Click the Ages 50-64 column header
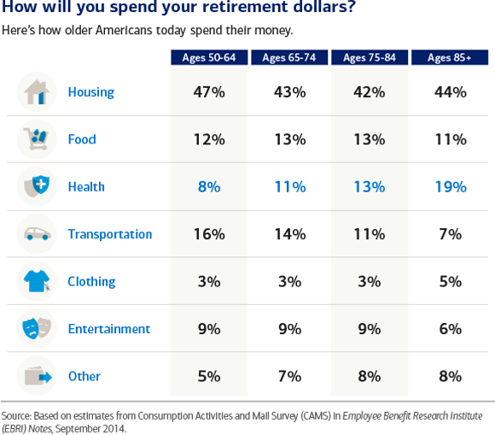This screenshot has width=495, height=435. (x=209, y=58)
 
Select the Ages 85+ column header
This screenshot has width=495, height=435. (x=450, y=58)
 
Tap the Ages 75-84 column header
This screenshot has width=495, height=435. (x=370, y=58)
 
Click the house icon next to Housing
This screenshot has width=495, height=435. (x=37, y=92)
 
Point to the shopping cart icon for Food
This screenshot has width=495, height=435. (x=37, y=139)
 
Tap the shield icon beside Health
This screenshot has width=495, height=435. (x=37, y=186)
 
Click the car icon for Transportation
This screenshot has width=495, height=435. (x=37, y=234)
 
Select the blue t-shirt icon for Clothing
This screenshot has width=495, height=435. (x=37, y=281)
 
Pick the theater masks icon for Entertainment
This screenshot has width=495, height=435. (x=37, y=328)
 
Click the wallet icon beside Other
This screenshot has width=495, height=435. (x=37, y=376)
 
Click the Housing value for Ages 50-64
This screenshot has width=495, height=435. (x=209, y=92)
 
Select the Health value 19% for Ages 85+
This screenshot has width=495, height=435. (x=450, y=186)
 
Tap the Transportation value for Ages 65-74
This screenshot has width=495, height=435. (x=289, y=234)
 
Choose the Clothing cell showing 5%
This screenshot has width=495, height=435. (x=450, y=281)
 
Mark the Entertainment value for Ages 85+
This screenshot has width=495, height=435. (x=450, y=328)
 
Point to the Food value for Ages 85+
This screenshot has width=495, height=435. (x=450, y=139)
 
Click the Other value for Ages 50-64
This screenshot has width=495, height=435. (x=209, y=376)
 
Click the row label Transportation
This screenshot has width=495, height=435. (x=110, y=234)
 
